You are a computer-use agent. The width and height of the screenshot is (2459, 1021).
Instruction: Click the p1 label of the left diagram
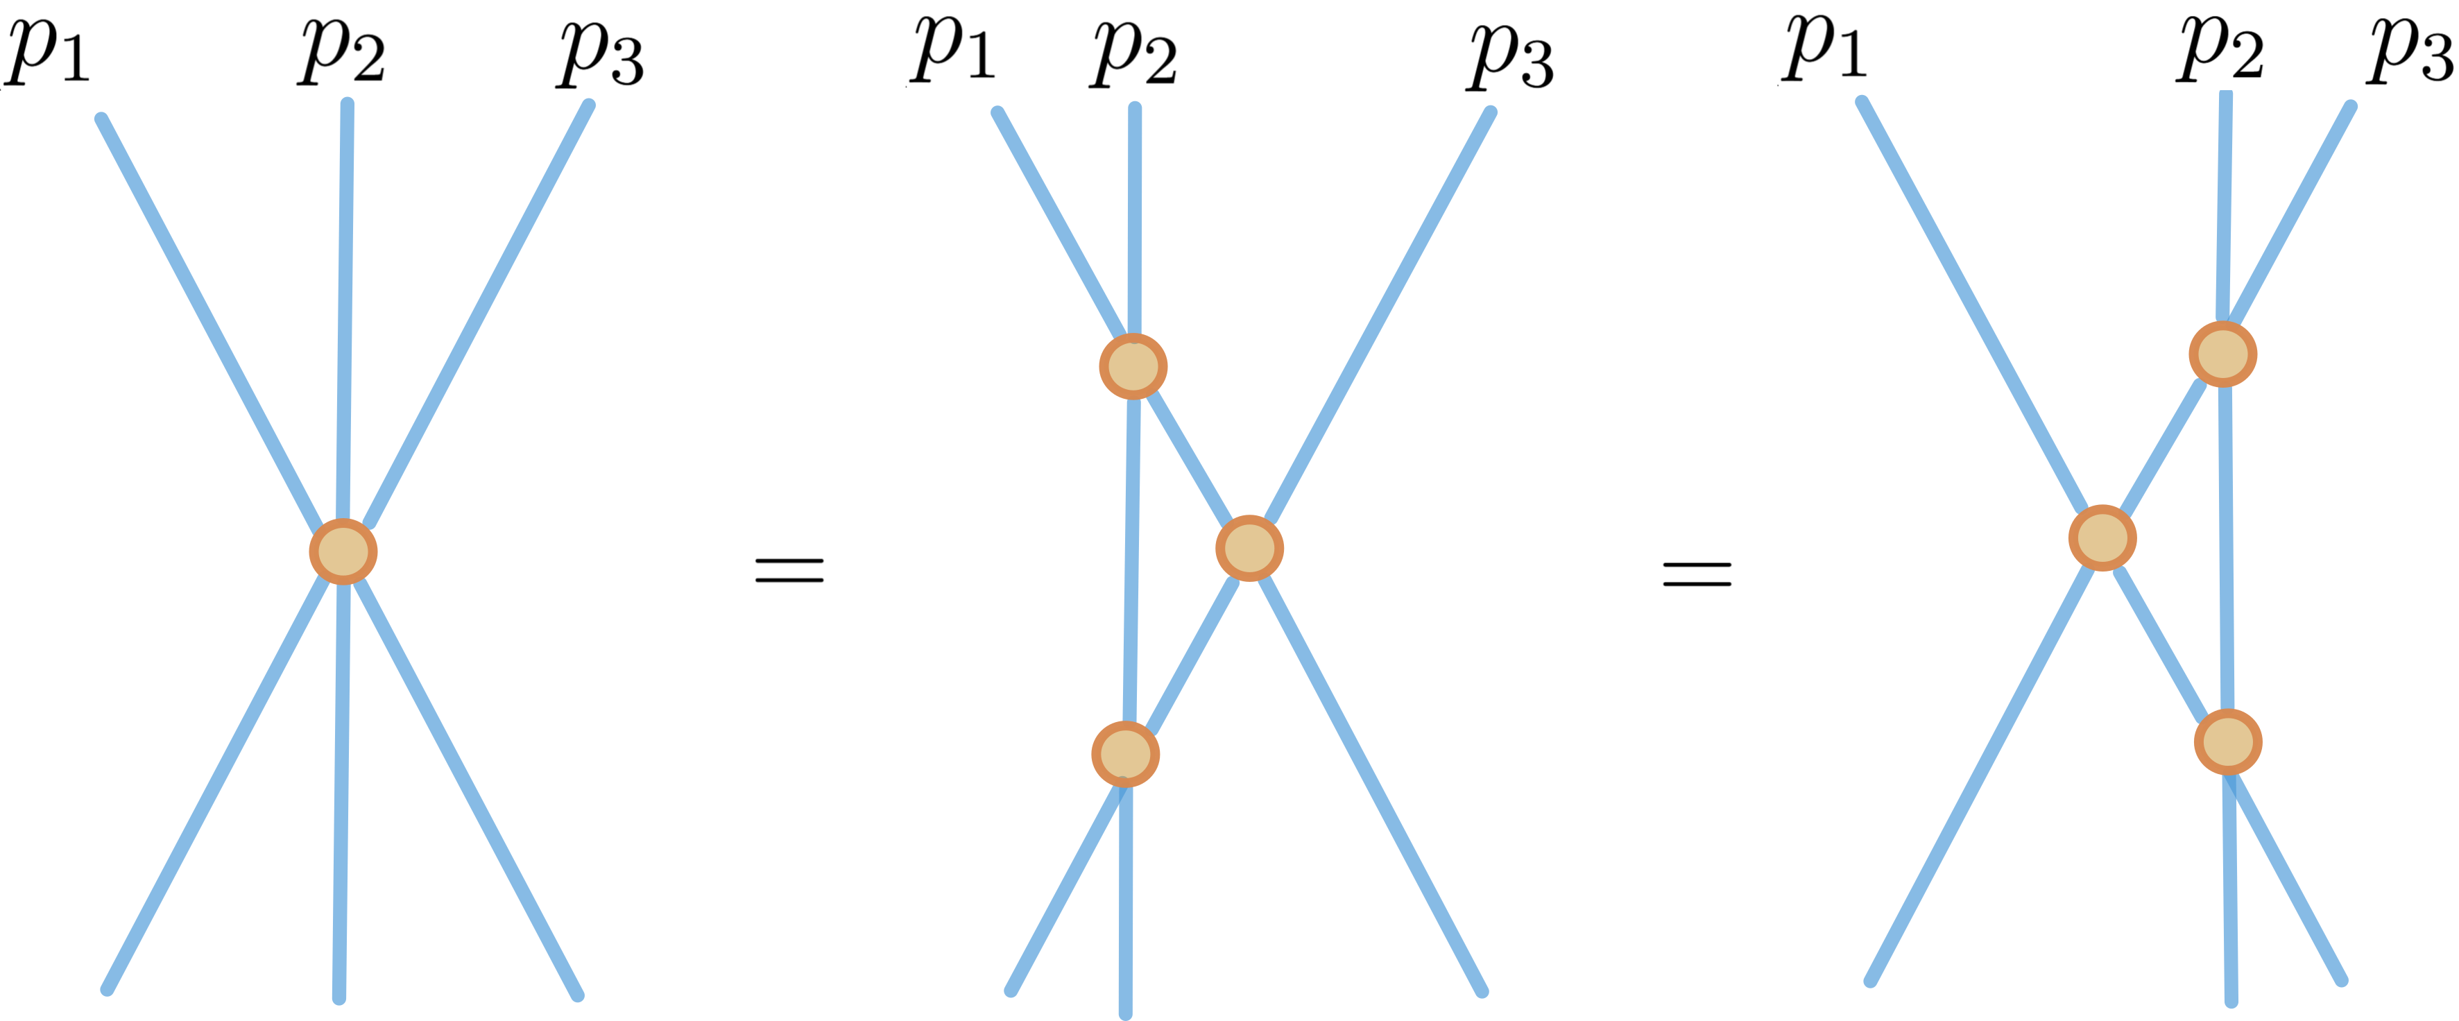(x=48, y=50)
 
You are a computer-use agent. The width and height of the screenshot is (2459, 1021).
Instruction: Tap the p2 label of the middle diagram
(x=1134, y=53)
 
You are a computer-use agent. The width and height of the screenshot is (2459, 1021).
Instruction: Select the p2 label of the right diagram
(x=2220, y=50)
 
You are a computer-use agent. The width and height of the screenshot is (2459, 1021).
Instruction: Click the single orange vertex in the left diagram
(x=343, y=551)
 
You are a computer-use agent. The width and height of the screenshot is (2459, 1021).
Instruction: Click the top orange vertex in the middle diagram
(x=1133, y=366)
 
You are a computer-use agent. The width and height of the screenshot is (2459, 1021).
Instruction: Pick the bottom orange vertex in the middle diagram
(x=1125, y=754)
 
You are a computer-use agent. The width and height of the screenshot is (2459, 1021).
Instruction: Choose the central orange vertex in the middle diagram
(x=1249, y=548)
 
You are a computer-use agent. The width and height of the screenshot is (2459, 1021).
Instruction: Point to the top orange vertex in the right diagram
(x=2223, y=354)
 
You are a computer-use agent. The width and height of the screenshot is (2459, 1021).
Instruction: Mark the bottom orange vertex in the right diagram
(x=2228, y=741)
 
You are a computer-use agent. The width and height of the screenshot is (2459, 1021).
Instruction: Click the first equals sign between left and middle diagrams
(x=789, y=571)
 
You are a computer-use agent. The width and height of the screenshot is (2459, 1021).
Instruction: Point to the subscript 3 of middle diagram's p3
(x=1536, y=67)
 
